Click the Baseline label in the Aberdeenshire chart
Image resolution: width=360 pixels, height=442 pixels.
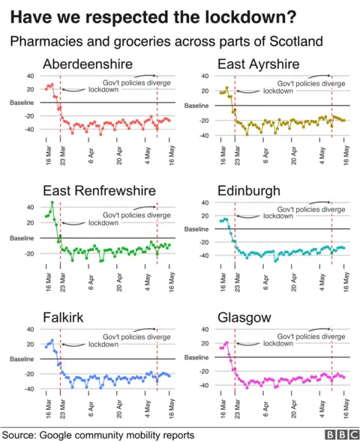click(22, 103)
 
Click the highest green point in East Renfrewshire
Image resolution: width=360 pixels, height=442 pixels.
click(52, 203)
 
